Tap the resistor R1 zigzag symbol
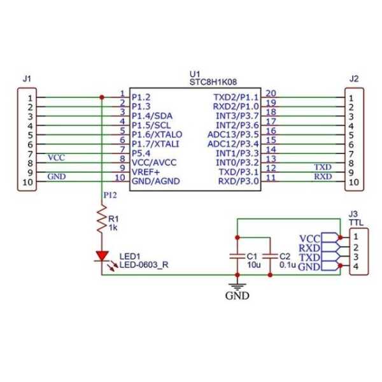[x=102, y=220]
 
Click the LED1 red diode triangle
[x=102, y=255]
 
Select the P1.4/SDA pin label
[x=152, y=116]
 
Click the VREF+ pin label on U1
[x=147, y=172]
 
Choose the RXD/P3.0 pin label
[x=238, y=181]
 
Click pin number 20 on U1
[x=271, y=93]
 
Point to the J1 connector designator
[x=26, y=79]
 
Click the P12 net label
[x=111, y=195]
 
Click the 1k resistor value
[x=113, y=227]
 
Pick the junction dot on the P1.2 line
[x=102, y=97]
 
